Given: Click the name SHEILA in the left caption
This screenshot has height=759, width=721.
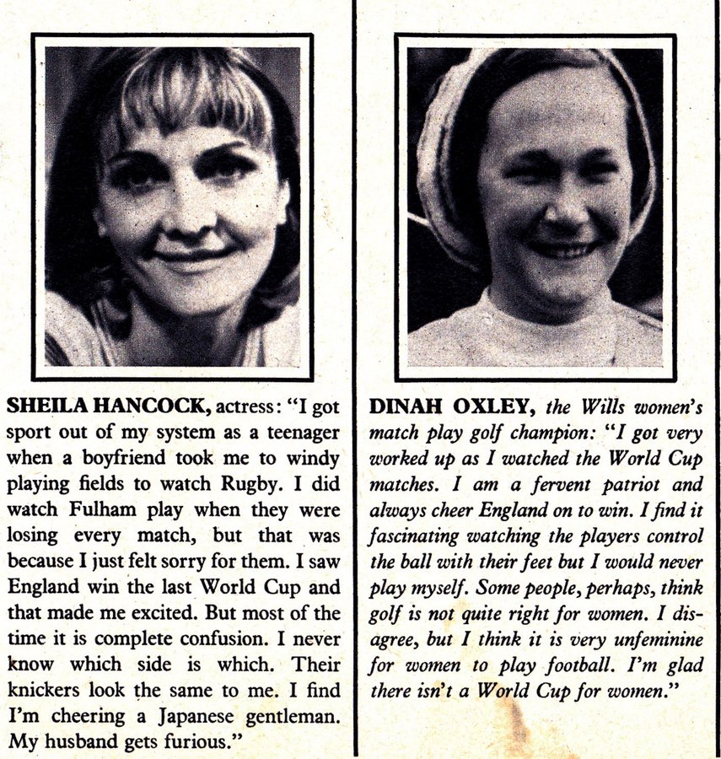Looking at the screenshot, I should [40, 406].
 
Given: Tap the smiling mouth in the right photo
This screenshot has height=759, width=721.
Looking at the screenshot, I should [563, 251].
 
